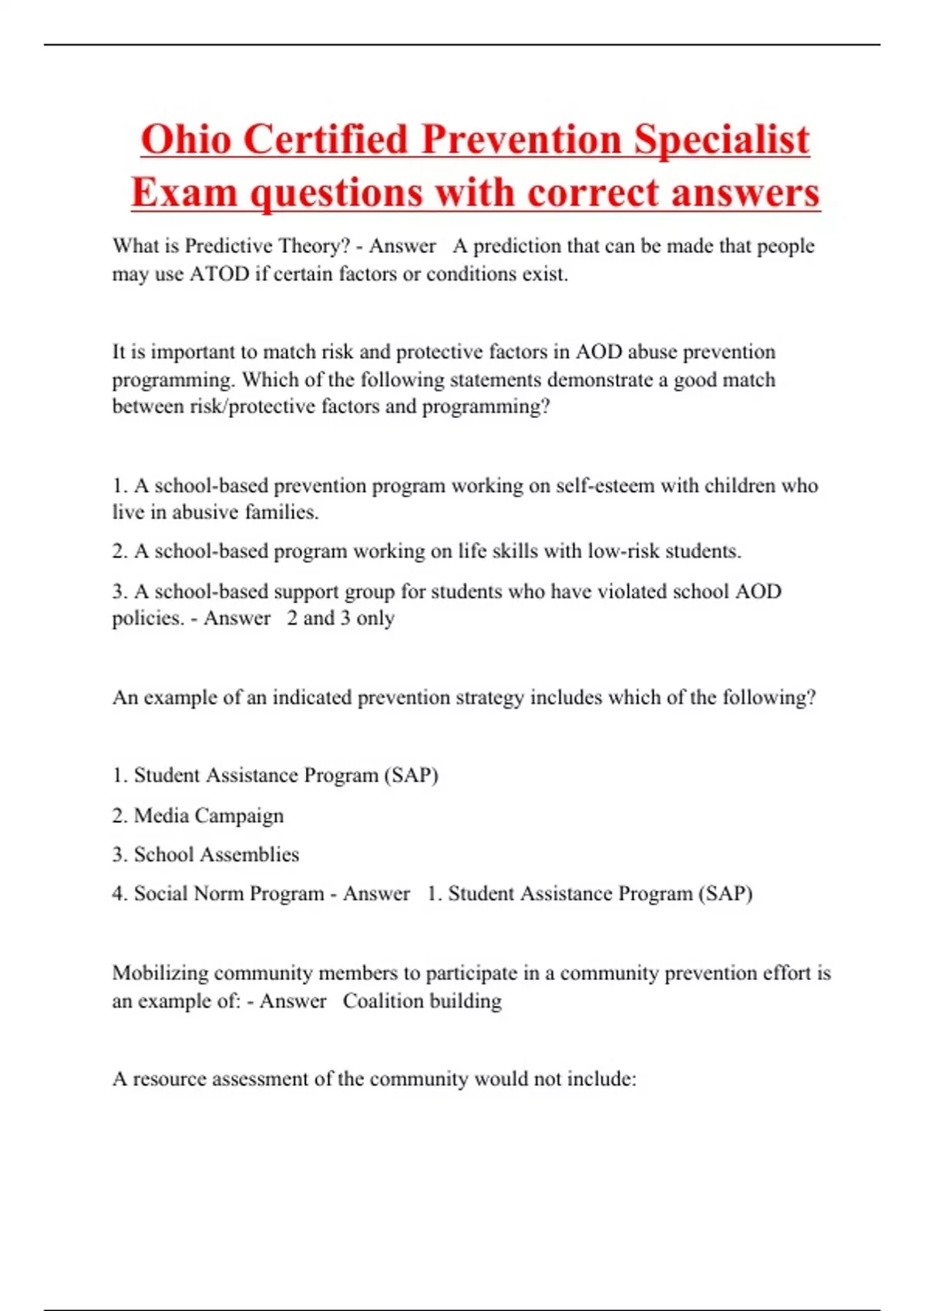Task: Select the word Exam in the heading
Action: tap(183, 192)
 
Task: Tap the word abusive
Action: tap(205, 512)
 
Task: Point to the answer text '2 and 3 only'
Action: tap(341, 618)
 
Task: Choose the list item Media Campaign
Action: tap(208, 815)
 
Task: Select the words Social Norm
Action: tap(189, 893)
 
